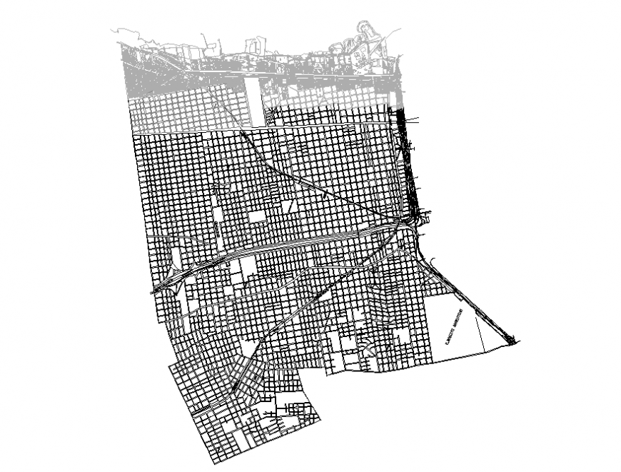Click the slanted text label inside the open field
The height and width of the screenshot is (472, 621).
(454, 327)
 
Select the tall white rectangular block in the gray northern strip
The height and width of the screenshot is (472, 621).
(253, 101)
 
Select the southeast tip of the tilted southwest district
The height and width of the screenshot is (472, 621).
(320, 418)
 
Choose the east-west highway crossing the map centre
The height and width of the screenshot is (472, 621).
(300, 242)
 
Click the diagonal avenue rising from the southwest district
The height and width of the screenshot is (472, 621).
(300, 314)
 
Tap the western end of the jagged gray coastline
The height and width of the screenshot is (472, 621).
(114, 30)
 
